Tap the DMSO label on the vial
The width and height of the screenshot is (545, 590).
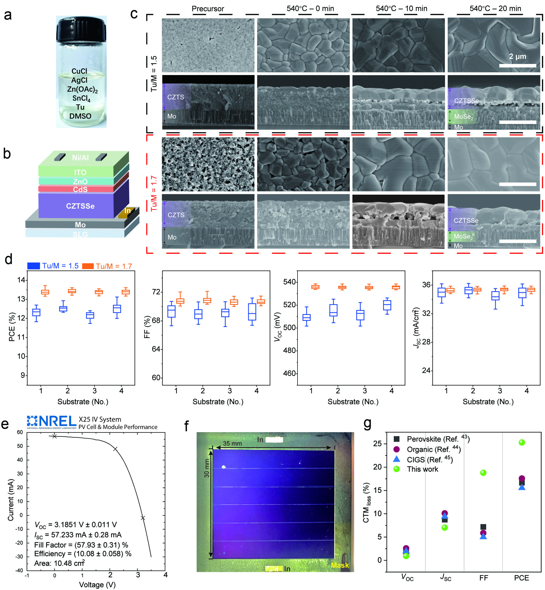pos(80,116)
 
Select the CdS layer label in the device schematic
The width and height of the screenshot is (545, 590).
pos(80,189)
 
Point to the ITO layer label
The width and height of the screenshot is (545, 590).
pos(80,172)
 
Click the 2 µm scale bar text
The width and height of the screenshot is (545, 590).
pos(517,56)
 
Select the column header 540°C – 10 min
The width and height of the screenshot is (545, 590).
pos(401,8)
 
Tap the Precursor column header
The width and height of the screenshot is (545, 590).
pos(208,8)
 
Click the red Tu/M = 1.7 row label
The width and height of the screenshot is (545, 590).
pos(154,193)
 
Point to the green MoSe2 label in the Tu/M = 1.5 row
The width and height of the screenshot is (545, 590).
pos(463,117)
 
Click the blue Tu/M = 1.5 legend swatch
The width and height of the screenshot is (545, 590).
pos(34,266)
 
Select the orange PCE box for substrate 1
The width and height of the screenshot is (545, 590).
pos(45,292)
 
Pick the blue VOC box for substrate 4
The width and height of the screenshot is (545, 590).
pos(387,305)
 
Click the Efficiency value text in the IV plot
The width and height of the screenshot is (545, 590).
pos(83,554)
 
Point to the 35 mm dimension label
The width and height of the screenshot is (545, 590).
pos(232,443)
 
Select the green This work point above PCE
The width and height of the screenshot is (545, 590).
pos(521,442)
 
